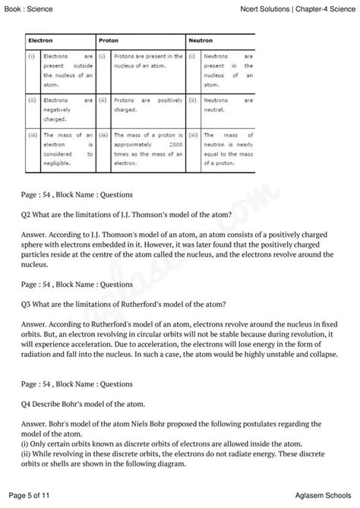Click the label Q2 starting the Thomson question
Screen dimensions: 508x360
28,214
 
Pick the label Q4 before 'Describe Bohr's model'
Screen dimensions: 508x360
28,403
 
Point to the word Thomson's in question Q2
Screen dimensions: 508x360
150,214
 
